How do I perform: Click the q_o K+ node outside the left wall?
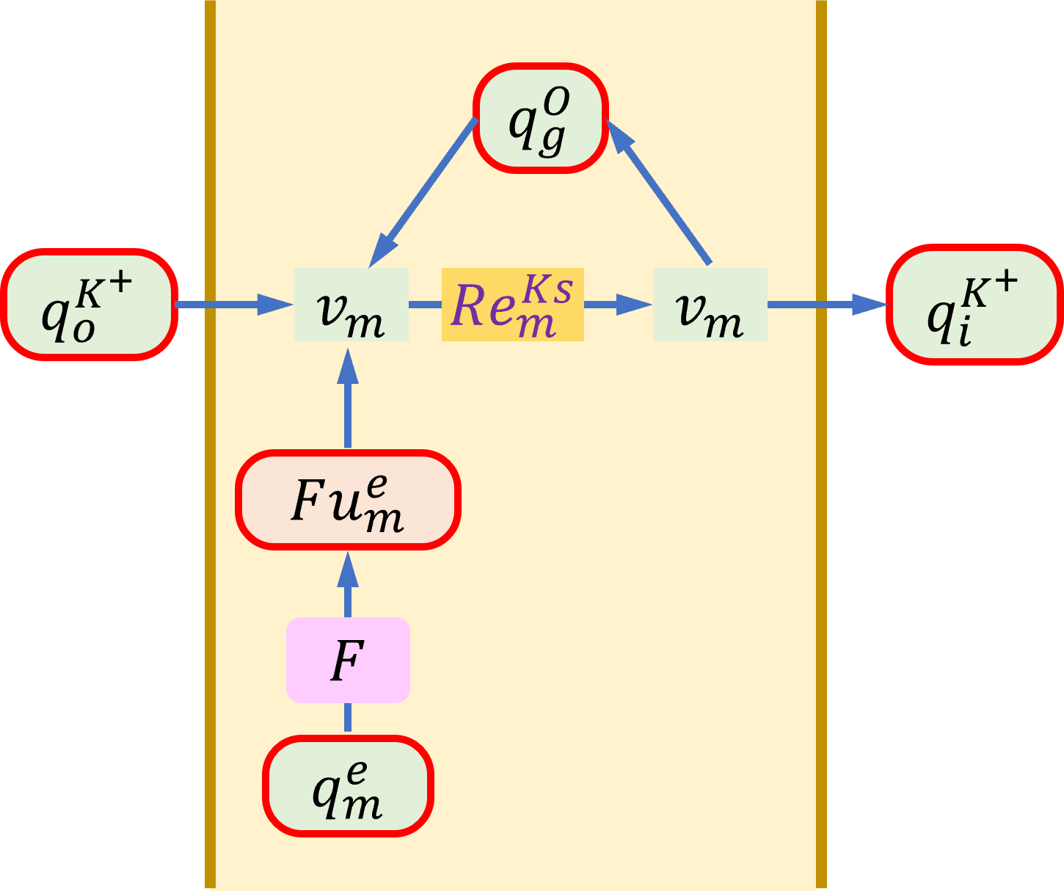click(90, 305)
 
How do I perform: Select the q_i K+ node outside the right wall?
click(974, 305)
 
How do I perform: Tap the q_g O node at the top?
click(541, 118)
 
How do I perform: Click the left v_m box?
click(351, 305)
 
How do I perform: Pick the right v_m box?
click(710, 305)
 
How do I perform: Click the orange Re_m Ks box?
click(513, 305)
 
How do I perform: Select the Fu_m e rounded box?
click(348, 500)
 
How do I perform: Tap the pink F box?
click(348, 660)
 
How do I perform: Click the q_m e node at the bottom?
click(348, 786)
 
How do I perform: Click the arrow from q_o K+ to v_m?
click(234, 305)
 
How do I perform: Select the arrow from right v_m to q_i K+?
click(828, 305)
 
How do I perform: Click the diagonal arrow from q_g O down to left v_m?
click(423, 192)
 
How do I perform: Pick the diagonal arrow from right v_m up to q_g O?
click(658, 192)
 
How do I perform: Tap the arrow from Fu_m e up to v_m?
click(348, 398)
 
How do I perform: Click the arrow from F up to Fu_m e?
click(348, 584)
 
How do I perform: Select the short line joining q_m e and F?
click(348, 717)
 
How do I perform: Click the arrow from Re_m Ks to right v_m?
click(618, 305)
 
